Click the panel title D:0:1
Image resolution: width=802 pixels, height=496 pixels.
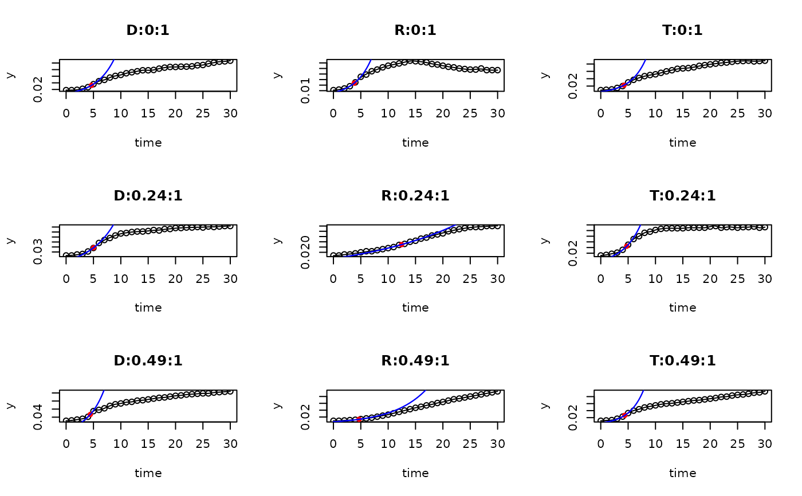[148, 30]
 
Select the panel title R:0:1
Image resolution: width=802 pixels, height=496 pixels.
[415, 30]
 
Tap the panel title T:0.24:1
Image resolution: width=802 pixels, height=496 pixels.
[682, 196]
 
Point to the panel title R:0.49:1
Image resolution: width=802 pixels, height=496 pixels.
[415, 361]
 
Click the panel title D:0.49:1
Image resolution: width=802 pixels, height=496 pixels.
[148, 361]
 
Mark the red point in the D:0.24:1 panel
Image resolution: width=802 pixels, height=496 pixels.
[93, 247]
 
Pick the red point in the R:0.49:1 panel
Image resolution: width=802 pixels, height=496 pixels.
[360, 419]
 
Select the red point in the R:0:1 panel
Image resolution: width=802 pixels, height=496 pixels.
[355, 82]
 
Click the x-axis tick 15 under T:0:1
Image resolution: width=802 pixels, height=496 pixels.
[683, 113]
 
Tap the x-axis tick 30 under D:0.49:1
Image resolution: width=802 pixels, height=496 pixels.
[230, 443]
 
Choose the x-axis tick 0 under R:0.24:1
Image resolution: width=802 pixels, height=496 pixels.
[333, 278]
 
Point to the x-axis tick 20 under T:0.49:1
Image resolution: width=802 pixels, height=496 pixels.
[710, 443]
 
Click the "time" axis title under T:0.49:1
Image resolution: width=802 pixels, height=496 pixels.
[682, 473]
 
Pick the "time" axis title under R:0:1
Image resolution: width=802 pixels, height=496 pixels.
[415, 143]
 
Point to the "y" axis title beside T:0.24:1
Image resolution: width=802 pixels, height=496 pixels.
[545, 240]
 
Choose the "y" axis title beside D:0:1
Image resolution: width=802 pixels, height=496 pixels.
[10, 75]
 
